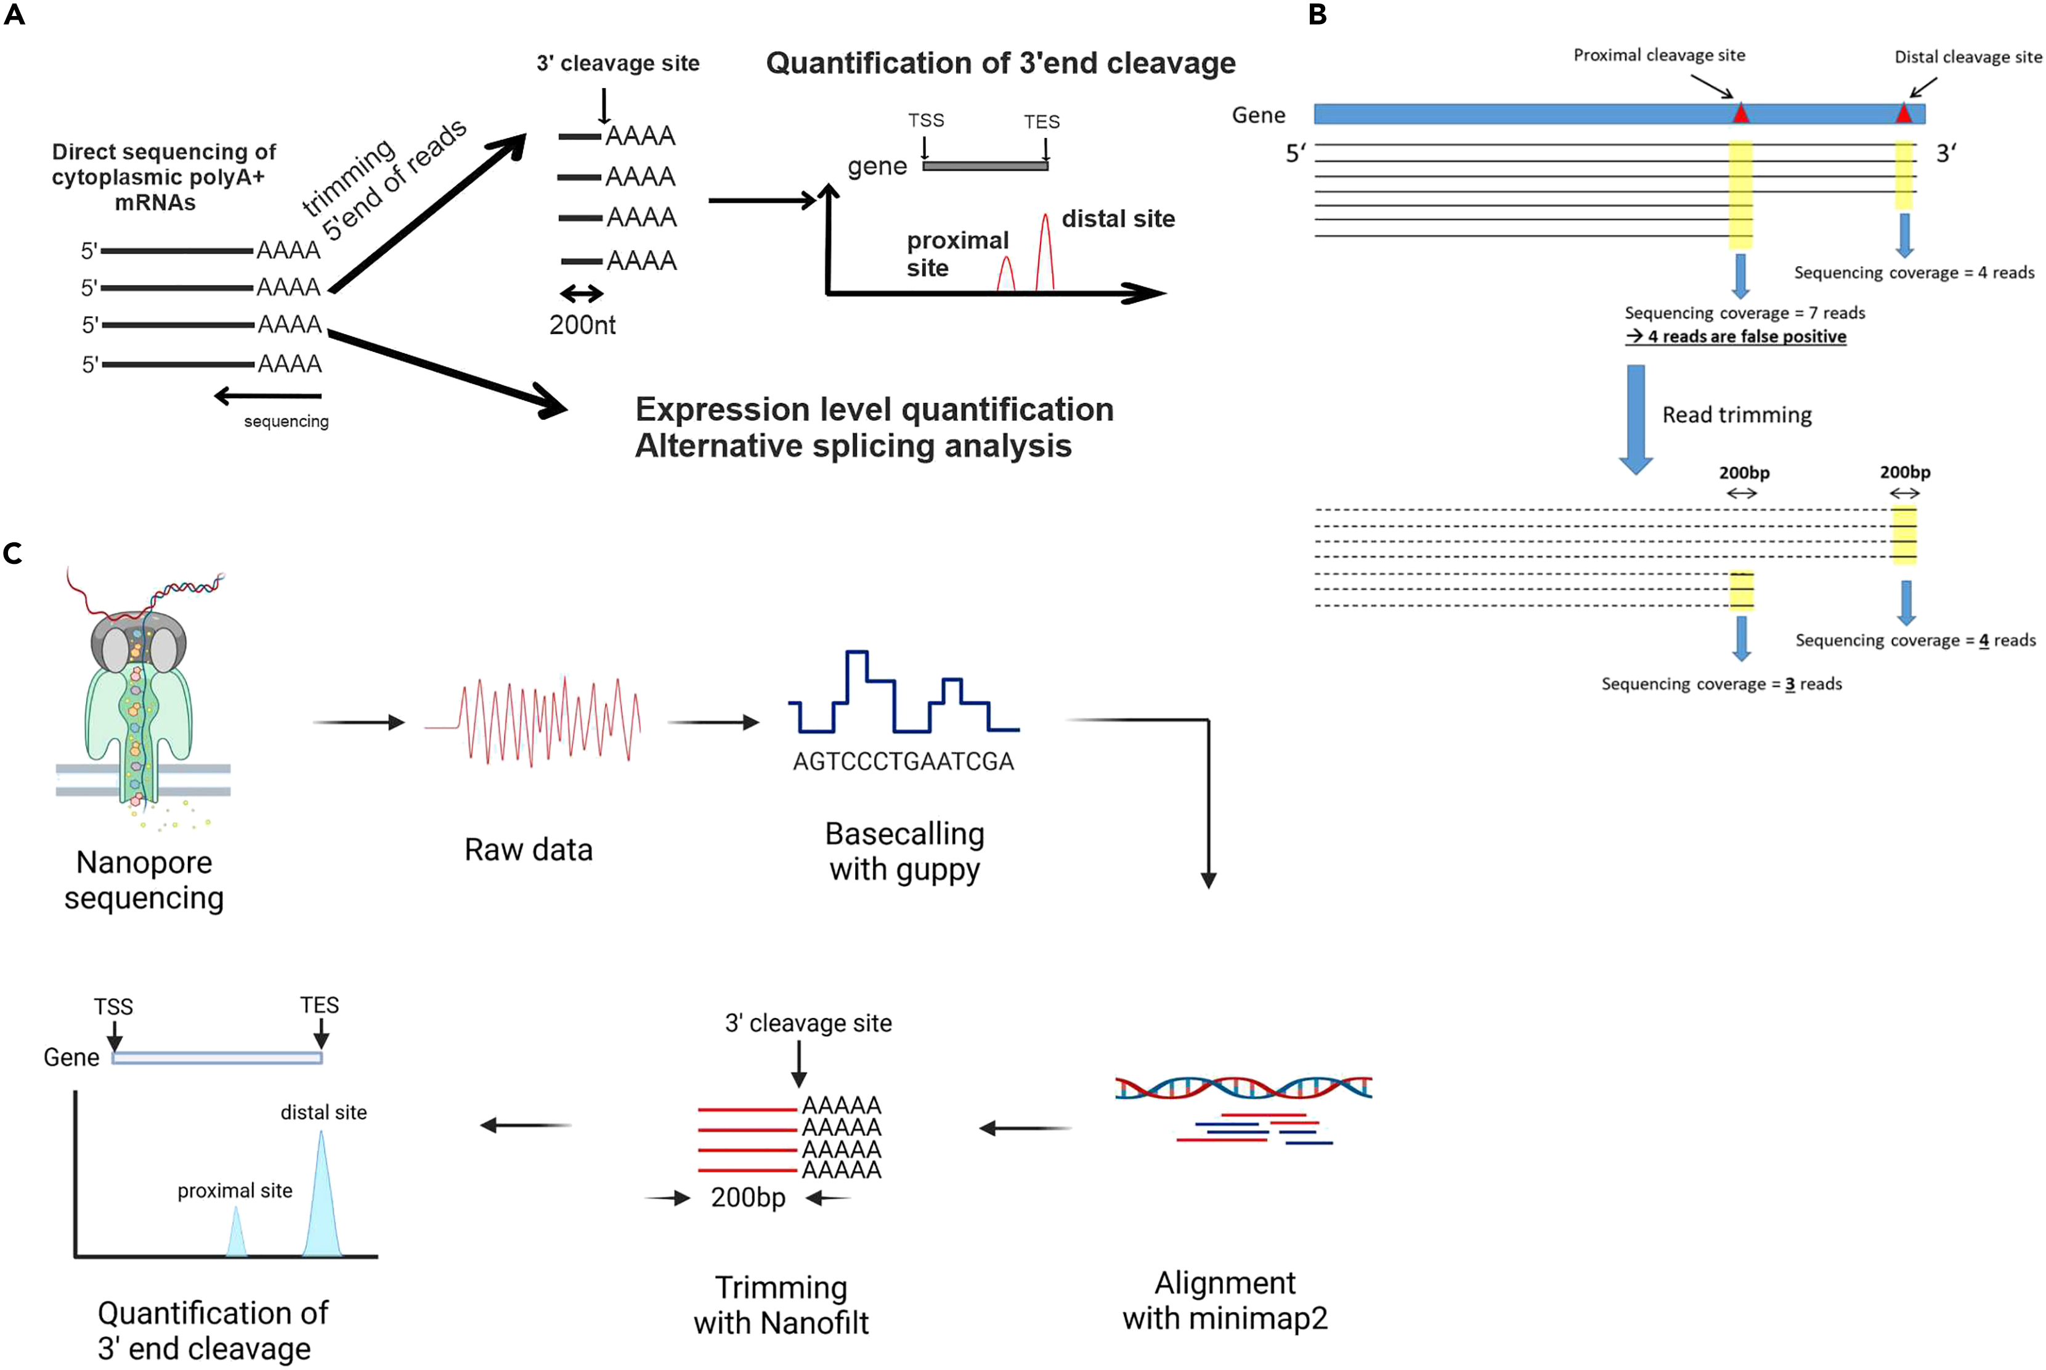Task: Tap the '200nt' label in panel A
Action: [582, 325]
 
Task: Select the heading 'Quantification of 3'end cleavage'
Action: [1000, 63]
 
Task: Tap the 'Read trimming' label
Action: [1736, 414]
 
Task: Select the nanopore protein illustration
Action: [140, 699]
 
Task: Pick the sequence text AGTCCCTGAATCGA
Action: [903, 762]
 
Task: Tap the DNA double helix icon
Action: [1243, 1088]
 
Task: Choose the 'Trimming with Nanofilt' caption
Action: [781, 1305]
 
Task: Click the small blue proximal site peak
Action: [236, 1234]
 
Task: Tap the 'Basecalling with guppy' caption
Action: [904, 851]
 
